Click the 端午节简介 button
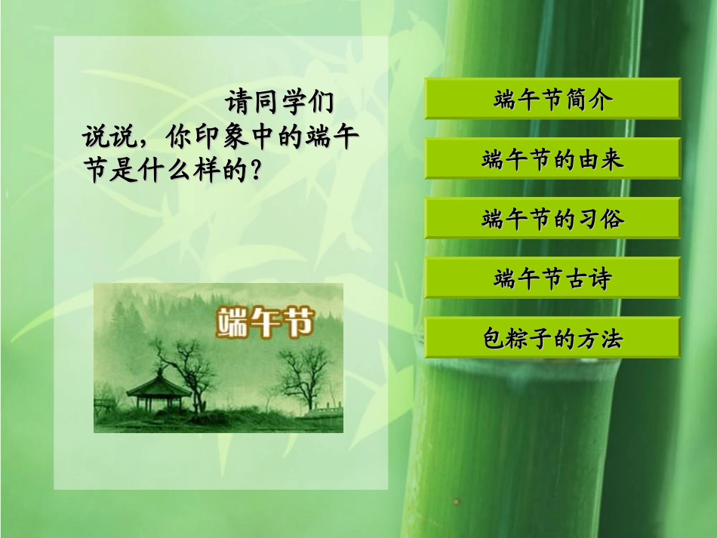point(552,99)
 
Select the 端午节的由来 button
point(552,158)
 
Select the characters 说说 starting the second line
point(106,137)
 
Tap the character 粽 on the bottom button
point(528,338)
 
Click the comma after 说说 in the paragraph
point(139,143)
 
